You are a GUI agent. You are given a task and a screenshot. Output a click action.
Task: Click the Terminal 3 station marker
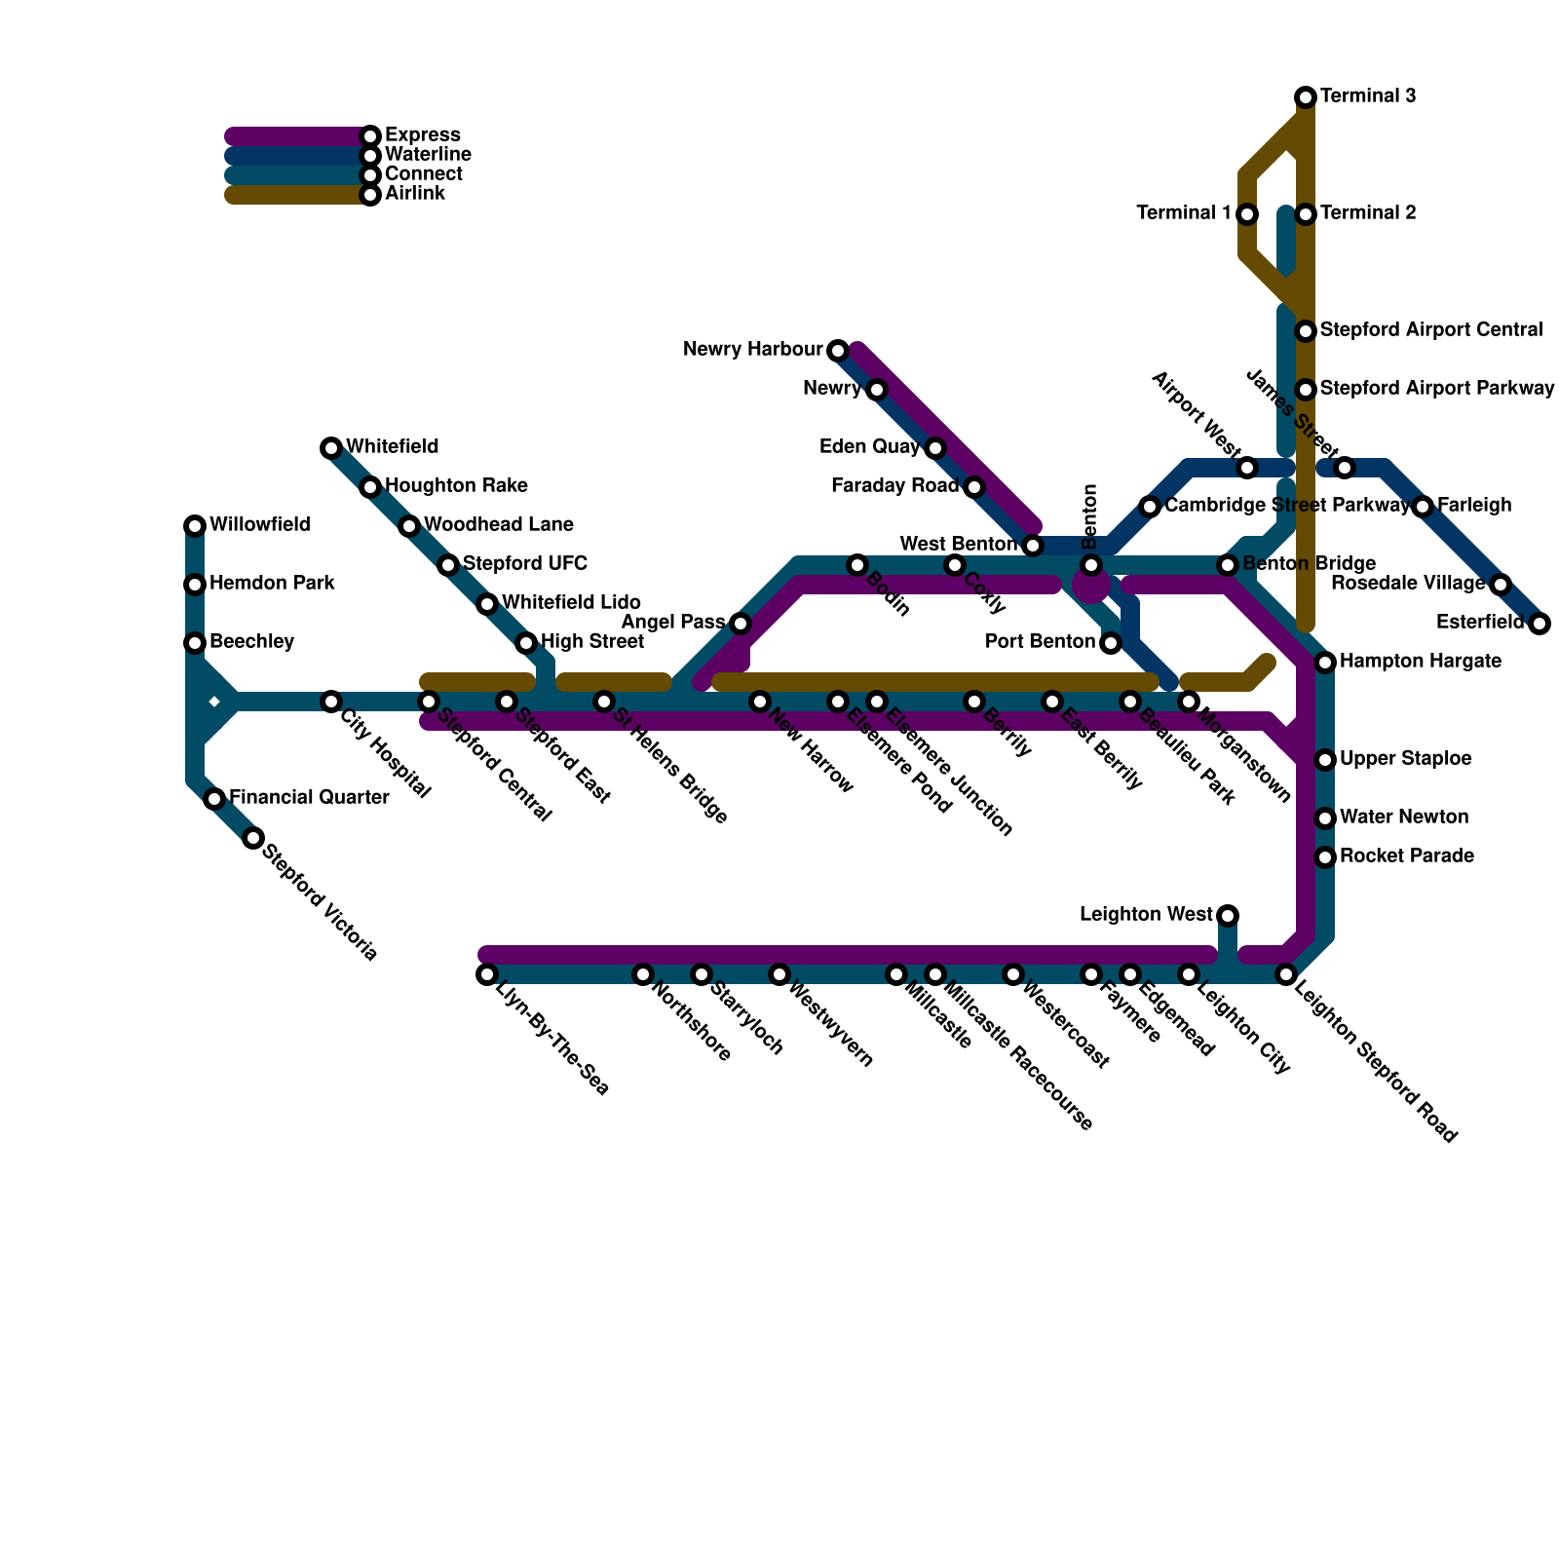1306,96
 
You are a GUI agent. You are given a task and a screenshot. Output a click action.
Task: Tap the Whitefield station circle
331,448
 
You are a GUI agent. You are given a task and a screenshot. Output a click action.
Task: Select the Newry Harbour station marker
838,350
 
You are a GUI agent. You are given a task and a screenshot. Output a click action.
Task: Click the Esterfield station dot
1540,624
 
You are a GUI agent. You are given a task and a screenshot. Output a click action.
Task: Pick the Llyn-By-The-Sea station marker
487,974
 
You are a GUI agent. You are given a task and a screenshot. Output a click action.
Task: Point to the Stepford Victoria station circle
253,838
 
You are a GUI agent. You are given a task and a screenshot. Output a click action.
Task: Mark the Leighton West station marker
1228,916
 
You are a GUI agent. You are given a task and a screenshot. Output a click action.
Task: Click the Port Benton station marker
1111,643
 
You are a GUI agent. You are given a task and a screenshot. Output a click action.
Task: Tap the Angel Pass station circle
741,624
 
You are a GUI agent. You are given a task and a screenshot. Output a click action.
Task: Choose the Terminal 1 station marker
1247,214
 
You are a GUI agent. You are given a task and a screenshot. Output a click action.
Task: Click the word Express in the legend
422,135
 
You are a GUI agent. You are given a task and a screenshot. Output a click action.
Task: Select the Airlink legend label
414,194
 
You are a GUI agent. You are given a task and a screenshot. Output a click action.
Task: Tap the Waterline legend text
428,155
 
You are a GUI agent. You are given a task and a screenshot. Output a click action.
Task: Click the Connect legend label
423,174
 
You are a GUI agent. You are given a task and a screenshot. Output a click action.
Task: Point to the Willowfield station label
259,525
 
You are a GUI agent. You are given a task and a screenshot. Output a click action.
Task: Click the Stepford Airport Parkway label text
1437,389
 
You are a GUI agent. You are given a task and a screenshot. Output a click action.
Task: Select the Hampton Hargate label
1406,662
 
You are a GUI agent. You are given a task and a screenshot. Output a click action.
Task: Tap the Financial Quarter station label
309,798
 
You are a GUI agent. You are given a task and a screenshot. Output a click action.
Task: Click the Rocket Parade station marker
1325,857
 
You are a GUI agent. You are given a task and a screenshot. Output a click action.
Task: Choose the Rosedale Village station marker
1501,585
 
